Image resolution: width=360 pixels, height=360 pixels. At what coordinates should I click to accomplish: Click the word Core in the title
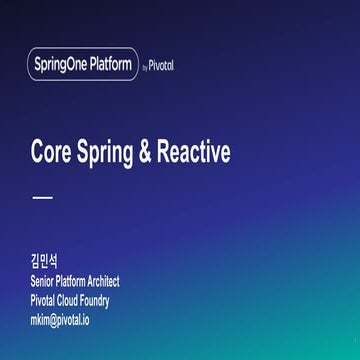pos(49,152)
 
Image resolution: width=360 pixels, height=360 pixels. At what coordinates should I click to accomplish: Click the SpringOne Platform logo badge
pos(82,66)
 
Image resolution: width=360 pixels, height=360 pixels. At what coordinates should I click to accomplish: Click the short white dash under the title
pos(41,198)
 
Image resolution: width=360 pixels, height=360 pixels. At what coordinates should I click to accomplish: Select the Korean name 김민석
pos(45,263)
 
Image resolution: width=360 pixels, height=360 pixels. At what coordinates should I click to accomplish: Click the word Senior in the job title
pos(43,282)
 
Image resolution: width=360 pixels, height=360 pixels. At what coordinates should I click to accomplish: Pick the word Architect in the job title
pos(101,282)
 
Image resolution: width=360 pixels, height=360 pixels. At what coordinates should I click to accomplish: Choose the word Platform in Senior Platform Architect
pos(71,282)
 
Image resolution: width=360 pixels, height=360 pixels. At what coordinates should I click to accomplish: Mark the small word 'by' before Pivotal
pos(145,69)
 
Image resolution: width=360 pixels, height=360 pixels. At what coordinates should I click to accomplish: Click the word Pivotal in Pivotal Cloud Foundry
pos(42,301)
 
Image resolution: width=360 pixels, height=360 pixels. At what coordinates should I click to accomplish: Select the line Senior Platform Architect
pos(75,282)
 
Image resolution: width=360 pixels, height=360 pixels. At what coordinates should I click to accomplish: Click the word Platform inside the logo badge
pos(110,66)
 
